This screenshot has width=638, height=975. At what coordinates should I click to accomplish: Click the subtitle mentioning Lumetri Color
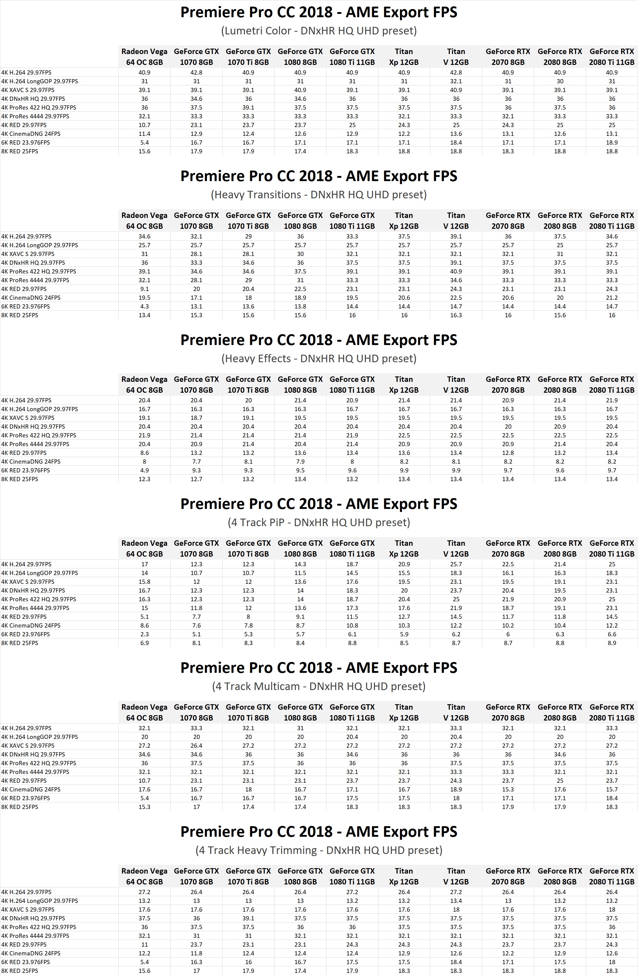319,31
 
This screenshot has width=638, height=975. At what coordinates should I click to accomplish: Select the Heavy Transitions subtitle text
319,195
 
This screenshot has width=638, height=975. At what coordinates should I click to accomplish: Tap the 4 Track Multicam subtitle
319,686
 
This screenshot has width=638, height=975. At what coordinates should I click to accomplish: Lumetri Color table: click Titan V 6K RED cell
456,142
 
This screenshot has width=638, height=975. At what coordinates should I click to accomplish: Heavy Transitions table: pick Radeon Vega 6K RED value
144,306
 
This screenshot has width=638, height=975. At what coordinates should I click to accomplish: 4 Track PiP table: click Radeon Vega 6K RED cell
144,634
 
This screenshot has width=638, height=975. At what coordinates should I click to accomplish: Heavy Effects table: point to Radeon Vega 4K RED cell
144,453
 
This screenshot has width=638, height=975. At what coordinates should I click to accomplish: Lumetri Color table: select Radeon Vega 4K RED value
144,125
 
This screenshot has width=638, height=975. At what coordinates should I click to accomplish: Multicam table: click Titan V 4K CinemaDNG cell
456,789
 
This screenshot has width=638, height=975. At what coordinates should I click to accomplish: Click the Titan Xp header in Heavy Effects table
404,385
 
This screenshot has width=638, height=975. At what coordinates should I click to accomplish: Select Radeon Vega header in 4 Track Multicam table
144,712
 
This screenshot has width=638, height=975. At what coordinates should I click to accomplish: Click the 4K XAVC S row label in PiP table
28,582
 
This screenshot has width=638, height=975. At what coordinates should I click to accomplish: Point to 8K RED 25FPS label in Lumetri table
20,152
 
